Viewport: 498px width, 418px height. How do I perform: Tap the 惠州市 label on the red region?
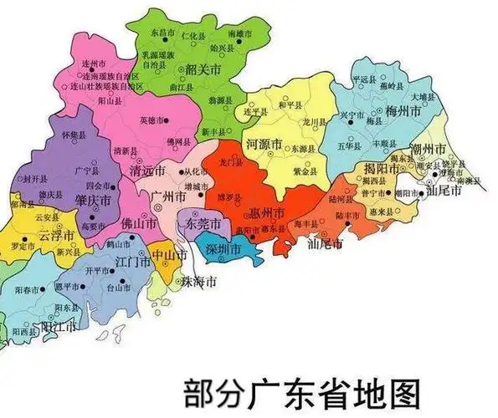point(268,212)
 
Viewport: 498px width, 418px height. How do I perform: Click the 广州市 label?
point(168,196)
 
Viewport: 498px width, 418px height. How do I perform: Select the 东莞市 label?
point(203,225)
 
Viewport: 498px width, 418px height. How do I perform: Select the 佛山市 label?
point(138,224)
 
